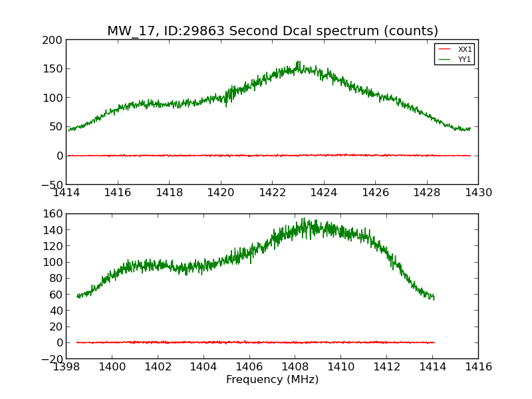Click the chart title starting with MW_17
pyautogui.click(x=273, y=31)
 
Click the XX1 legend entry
pyautogui.click(x=465, y=49)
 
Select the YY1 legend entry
pyautogui.click(x=465, y=59)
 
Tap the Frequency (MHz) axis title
pyautogui.click(x=272, y=380)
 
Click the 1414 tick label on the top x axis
pyautogui.click(x=66, y=193)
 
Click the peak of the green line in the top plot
pyautogui.click(x=299, y=62)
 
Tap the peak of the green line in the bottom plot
pyautogui.click(x=303, y=218)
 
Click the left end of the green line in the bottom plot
pyautogui.click(x=77, y=296)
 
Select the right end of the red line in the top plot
pyautogui.click(x=470, y=156)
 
